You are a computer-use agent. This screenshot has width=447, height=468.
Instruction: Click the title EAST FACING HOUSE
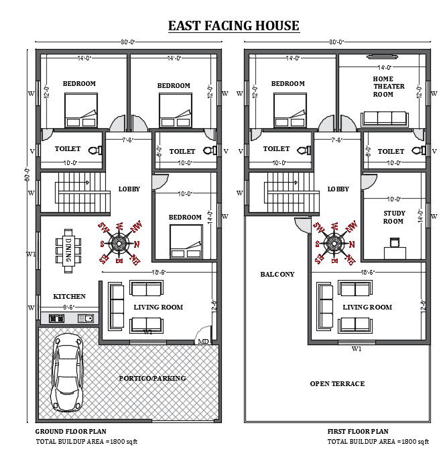click(x=233, y=26)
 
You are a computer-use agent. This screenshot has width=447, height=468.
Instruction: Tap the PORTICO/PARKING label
click(x=152, y=379)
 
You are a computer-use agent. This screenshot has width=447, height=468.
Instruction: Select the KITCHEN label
click(x=69, y=296)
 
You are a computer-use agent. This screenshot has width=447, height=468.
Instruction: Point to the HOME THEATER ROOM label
click(x=383, y=87)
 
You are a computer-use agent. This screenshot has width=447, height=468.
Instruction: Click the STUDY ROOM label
click(x=393, y=218)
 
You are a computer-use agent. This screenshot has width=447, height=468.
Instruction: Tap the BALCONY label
click(x=277, y=274)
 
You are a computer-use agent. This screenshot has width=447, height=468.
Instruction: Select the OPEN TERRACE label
click(x=337, y=383)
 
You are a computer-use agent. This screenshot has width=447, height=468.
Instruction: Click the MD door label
click(x=202, y=342)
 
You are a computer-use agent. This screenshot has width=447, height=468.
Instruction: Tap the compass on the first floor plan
click(x=333, y=243)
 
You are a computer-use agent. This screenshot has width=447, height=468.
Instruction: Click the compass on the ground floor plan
click(x=119, y=243)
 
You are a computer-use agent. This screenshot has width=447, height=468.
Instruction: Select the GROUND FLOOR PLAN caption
click(x=70, y=431)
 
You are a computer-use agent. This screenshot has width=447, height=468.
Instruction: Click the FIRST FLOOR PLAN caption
click(x=358, y=431)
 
